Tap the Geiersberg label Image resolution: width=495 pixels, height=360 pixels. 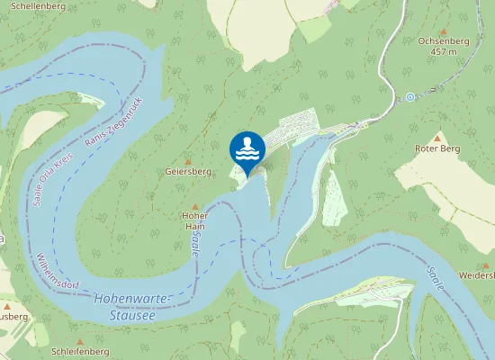188,171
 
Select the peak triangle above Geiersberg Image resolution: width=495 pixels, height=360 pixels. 188,160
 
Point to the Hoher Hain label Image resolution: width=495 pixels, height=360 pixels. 195,221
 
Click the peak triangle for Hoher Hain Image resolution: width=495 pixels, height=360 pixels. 195,206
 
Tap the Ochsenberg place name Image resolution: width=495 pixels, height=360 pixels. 444,41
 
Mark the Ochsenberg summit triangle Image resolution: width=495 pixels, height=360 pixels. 444,31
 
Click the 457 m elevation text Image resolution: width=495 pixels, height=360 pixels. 444,52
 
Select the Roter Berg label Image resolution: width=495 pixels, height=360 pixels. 437,148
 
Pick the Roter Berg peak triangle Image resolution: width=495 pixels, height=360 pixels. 437,138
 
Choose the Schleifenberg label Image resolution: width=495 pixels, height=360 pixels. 81,351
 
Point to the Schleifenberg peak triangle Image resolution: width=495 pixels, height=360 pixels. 80,340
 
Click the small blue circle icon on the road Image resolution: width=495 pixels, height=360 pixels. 409,96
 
